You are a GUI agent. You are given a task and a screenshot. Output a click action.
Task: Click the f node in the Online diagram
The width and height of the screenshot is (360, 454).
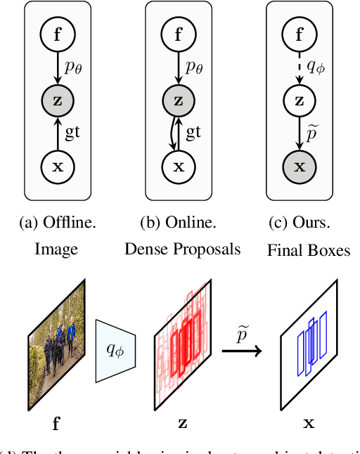(x=179, y=32)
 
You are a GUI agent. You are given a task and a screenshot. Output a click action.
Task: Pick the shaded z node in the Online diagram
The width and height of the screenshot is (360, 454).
(x=179, y=100)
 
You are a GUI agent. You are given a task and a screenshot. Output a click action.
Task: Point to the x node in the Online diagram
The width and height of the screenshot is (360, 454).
(x=179, y=167)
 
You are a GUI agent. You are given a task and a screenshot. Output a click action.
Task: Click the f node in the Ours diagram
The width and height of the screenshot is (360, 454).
(x=300, y=32)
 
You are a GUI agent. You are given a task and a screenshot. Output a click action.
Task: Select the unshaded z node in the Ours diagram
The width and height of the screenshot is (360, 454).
(x=300, y=100)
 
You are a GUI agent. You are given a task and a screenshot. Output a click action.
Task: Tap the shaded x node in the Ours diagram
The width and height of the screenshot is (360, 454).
(x=300, y=167)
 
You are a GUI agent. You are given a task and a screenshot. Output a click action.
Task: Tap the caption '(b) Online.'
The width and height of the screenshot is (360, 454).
(x=179, y=224)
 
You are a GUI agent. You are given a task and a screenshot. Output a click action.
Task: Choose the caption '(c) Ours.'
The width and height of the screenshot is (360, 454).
(x=300, y=224)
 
